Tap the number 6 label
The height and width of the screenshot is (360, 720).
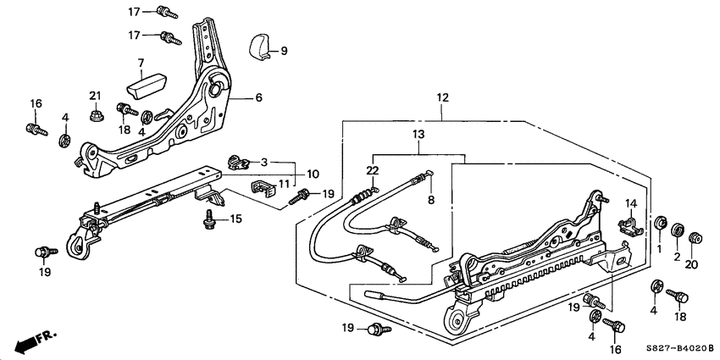[x=258, y=98]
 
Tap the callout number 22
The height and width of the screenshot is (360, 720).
[x=371, y=170]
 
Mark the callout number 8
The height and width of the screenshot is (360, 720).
[x=429, y=200]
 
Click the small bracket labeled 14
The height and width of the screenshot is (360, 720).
[x=629, y=225]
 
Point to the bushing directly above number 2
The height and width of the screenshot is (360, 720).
[x=677, y=230]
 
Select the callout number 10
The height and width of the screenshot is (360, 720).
[x=313, y=174]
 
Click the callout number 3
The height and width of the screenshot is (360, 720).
[x=263, y=162]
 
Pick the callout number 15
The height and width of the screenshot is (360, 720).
[x=236, y=219]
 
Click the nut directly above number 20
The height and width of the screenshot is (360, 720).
[x=695, y=238]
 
